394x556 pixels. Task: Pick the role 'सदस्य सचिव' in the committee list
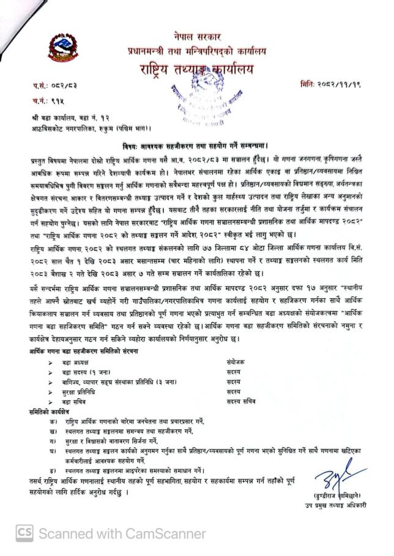click(241, 401)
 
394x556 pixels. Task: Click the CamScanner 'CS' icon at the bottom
click(24, 534)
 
